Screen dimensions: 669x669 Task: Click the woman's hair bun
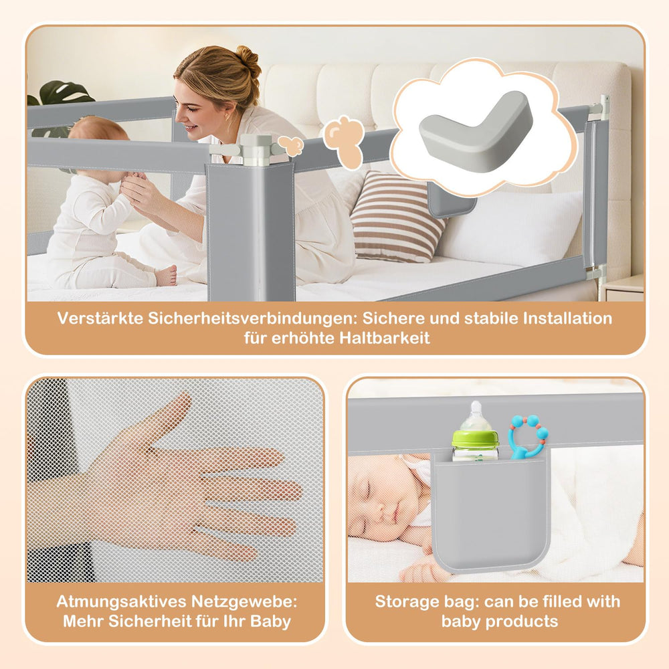tap(249, 60)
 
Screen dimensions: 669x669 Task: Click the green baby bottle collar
tap(475, 439)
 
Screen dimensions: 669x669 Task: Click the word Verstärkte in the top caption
tap(100, 318)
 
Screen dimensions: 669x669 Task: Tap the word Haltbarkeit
tap(385, 338)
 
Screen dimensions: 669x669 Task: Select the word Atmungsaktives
tap(120, 601)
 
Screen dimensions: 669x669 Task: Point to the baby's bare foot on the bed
tap(167, 276)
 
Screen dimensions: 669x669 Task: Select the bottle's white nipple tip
tap(476, 405)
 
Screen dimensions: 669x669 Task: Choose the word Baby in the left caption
tap(270, 622)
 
